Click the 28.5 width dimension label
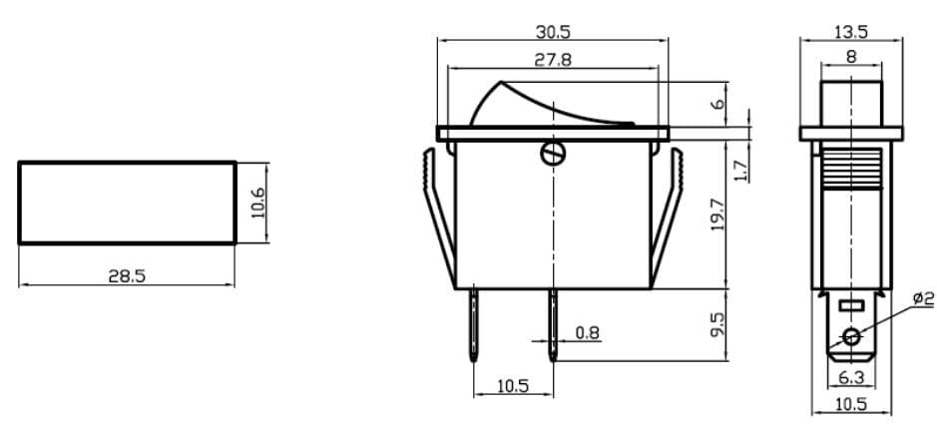127,275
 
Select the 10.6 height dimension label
257,203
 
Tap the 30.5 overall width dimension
552,32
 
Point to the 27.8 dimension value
552,60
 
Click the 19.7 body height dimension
717,214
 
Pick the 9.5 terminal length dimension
717,323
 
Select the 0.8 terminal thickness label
588,332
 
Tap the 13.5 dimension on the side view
850,32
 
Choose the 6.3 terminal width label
850,377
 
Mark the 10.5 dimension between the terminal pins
512,386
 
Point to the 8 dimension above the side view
850,58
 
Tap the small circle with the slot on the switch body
552,155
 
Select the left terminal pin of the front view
472,324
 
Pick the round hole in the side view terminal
851,336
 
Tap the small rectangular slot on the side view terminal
850,305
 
